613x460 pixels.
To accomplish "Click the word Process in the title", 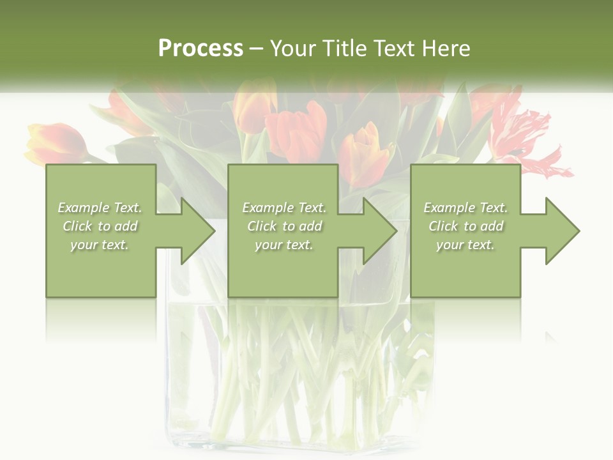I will (x=201, y=49).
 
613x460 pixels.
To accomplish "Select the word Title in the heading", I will (x=345, y=49).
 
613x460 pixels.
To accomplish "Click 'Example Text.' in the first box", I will (x=100, y=208).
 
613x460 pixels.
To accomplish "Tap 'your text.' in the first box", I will (x=100, y=245).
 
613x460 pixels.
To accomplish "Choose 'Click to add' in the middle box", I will (x=284, y=226).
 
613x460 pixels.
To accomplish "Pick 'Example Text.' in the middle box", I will (x=284, y=208).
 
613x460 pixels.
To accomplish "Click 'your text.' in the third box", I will (x=465, y=245).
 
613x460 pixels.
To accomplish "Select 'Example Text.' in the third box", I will (x=465, y=208).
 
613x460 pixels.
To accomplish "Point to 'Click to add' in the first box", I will (x=100, y=226).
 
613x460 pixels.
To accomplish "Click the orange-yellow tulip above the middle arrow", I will (x=366, y=153).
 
